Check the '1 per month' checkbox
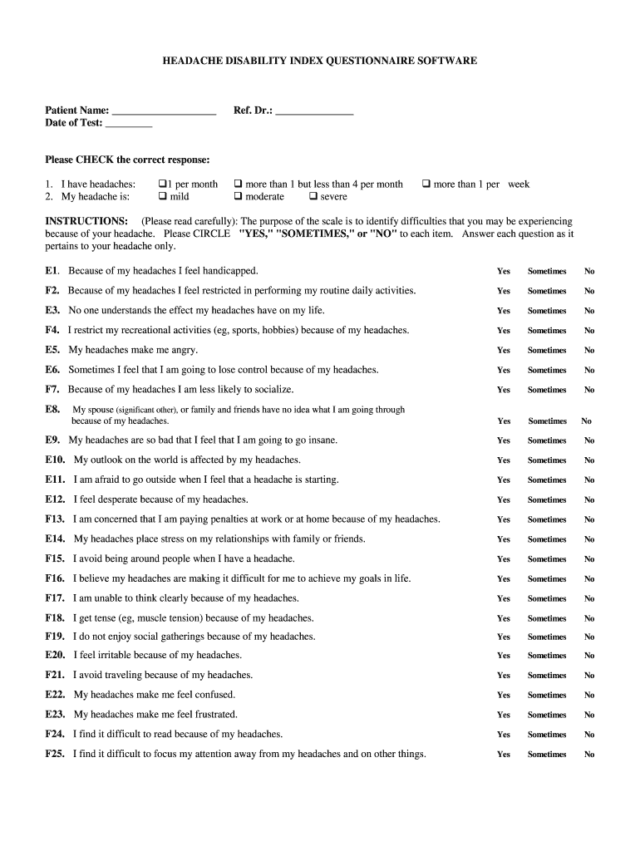pos(162,184)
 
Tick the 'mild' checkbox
pos(162,197)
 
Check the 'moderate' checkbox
pos(238,197)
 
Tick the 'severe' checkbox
pos(313,197)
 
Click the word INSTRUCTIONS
pos(86,221)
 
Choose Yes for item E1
pos(504,272)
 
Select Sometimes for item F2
pos(547,292)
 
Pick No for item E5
pos(589,351)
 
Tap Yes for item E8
pos(504,421)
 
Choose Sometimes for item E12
pos(547,500)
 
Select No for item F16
pos(589,579)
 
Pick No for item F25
pos(589,755)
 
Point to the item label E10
pos(56,460)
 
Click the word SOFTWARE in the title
pos(445,61)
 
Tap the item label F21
pos(56,675)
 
